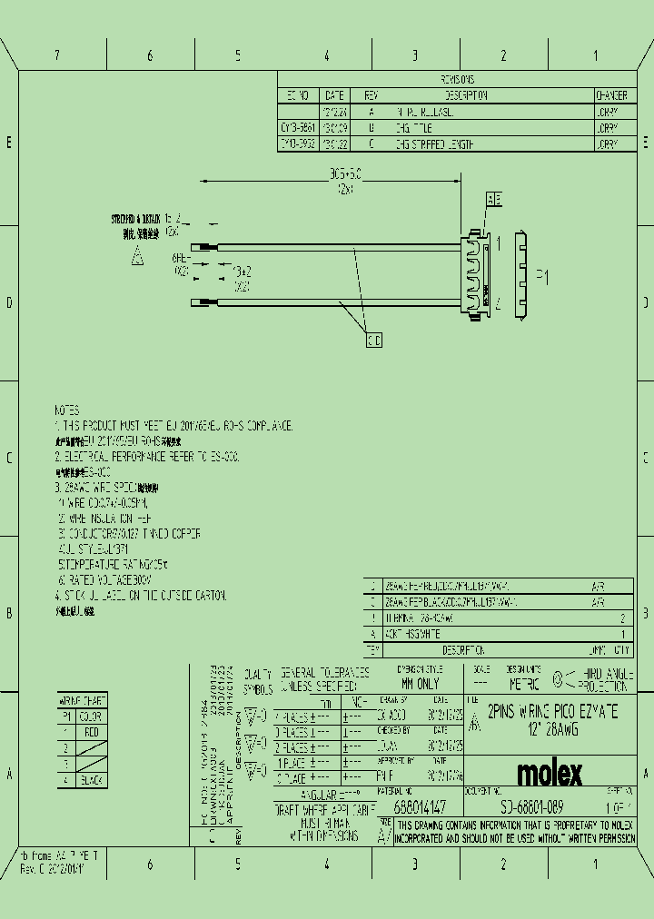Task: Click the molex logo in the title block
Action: pyautogui.click(x=550, y=774)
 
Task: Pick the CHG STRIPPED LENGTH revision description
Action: pyautogui.click(x=434, y=144)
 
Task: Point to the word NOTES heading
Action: pyautogui.click(x=66, y=410)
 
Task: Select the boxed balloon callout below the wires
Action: pyautogui.click(x=373, y=340)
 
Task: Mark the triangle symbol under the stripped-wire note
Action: pyautogui.click(x=137, y=257)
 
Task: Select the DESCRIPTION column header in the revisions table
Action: pyautogui.click(x=467, y=94)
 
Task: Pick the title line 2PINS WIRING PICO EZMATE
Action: pyautogui.click(x=553, y=712)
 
